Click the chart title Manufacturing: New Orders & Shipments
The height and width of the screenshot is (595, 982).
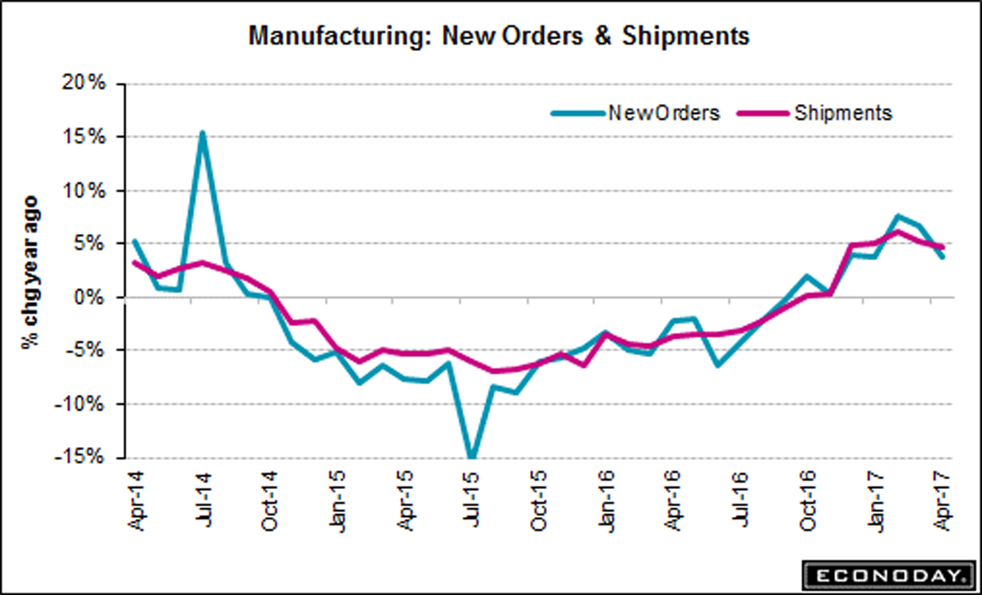(x=499, y=36)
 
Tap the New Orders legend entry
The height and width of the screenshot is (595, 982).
(x=663, y=113)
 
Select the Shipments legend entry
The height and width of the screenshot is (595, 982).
(x=843, y=113)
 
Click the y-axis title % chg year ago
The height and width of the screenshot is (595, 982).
(x=30, y=272)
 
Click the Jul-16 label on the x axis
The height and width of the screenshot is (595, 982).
(x=741, y=499)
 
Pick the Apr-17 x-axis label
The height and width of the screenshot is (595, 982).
(x=944, y=499)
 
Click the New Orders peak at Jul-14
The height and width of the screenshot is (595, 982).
(x=202, y=132)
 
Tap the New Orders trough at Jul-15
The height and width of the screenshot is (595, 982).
(x=472, y=458)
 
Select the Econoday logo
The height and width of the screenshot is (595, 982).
(x=888, y=575)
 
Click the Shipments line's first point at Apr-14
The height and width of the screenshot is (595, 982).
(x=135, y=263)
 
